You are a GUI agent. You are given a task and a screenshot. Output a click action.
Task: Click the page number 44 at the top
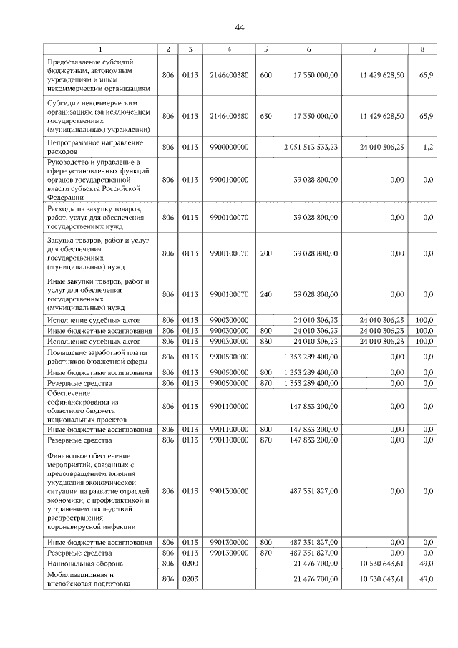coord(240,27)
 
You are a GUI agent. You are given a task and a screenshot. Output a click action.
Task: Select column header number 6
coord(308,49)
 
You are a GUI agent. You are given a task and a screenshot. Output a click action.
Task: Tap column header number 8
coord(422,49)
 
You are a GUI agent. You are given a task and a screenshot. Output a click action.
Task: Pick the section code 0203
coord(190,579)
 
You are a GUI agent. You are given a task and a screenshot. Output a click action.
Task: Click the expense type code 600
coord(265,75)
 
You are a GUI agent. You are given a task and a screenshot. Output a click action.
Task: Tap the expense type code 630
coord(265,115)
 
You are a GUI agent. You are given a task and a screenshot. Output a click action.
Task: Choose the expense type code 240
coord(265,294)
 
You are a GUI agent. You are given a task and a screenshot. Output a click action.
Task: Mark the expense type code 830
coord(265,341)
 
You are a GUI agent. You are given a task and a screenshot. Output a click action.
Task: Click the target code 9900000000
coord(229,147)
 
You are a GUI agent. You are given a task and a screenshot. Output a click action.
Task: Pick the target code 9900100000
coord(229,180)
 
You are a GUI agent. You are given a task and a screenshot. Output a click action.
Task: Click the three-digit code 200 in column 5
coord(265,253)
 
